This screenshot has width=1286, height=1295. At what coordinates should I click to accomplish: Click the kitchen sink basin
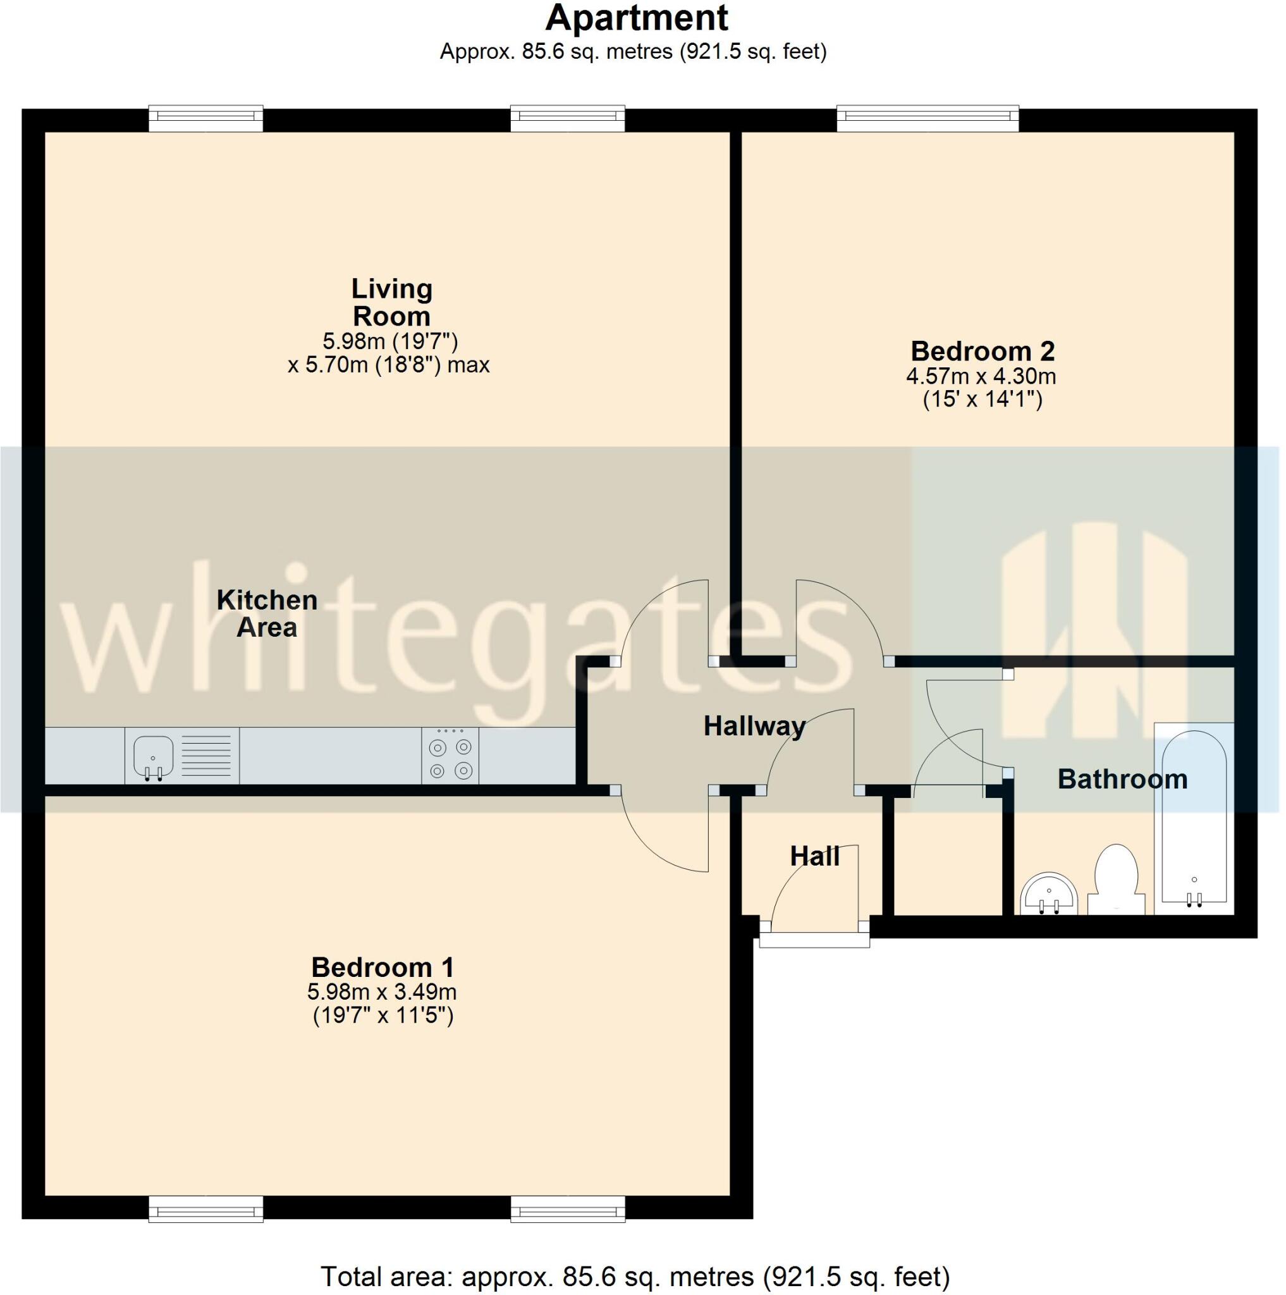(154, 755)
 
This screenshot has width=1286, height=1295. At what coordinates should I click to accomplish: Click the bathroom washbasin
(1049, 894)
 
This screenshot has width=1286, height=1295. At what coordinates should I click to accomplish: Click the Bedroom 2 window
(928, 120)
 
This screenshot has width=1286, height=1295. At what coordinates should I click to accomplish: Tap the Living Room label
(392, 302)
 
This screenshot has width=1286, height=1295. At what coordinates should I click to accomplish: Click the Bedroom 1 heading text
(383, 967)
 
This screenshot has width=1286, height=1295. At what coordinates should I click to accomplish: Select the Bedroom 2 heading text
(983, 350)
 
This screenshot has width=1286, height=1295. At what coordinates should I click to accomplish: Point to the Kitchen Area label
(267, 613)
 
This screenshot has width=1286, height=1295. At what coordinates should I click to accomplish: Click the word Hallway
(754, 726)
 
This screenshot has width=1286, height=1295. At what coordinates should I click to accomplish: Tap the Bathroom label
(1122, 779)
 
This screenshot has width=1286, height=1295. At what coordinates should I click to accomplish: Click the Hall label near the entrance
(814, 856)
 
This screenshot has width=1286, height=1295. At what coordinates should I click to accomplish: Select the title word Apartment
(637, 18)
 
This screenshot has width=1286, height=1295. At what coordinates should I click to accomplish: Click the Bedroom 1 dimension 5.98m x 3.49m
(382, 991)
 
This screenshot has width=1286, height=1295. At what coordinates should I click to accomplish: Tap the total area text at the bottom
(635, 1276)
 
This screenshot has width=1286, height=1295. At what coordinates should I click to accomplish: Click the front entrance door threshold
(814, 940)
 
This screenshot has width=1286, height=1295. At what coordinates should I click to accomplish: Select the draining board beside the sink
(205, 756)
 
